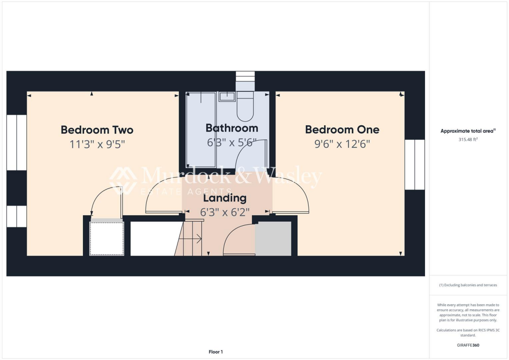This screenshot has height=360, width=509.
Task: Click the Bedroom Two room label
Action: pyautogui.click(x=97, y=130)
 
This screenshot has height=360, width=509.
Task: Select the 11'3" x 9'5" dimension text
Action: pyautogui.click(x=97, y=145)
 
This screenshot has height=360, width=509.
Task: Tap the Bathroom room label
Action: pyautogui.click(x=232, y=128)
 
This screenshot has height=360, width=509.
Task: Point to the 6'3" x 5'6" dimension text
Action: pyautogui.click(x=232, y=143)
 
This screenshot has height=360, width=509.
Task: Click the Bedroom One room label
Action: pyautogui.click(x=342, y=130)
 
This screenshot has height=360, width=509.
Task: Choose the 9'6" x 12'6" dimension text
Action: pyautogui.click(x=342, y=145)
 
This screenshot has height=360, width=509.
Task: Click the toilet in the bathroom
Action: pyautogui.click(x=245, y=106)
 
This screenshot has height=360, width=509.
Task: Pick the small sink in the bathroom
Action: pyautogui.click(x=227, y=96)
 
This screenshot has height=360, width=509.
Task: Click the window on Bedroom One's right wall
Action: pyautogui.click(x=415, y=165)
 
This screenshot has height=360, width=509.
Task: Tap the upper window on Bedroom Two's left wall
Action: pyautogui.click(x=16, y=142)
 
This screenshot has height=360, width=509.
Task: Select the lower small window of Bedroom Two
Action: pyautogui.click(x=16, y=216)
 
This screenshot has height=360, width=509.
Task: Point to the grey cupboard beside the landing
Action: pyautogui.click(x=273, y=239)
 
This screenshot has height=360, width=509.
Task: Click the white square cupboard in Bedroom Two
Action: pyautogui.click(x=106, y=239)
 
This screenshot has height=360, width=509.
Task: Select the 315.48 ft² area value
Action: pyautogui.click(x=467, y=140)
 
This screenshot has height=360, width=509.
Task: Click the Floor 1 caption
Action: pyautogui.click(x=215, y=352)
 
